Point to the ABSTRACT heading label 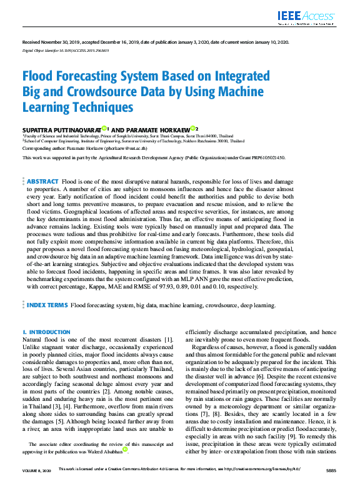click(x=43, y=163)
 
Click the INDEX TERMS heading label click(x=47, y=306)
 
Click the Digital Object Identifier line click(x=66, y=50)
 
